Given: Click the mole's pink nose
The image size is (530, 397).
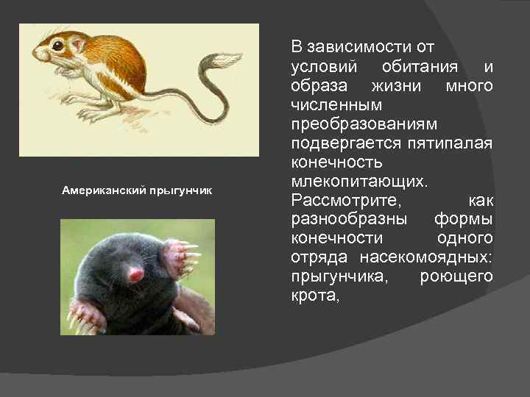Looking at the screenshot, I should click(x=136, y=275).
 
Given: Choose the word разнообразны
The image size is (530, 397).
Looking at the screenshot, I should click(x=346, y=220).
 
